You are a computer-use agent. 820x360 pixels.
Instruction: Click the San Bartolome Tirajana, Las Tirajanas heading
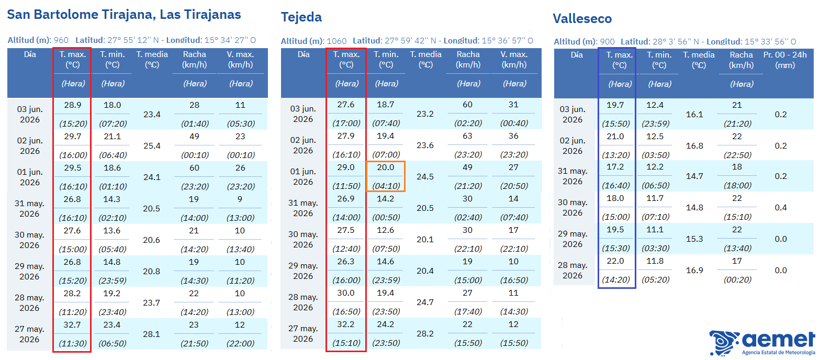tap(123, 15)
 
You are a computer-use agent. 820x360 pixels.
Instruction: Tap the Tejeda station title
tap(301, 17)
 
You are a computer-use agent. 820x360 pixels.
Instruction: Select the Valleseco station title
tap(582, 19)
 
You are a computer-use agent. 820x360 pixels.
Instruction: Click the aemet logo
tap(762, 343)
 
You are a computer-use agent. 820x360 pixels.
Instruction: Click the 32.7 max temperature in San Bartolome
tap(72, 325)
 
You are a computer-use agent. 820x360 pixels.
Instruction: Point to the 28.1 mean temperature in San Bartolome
tap(152, 334)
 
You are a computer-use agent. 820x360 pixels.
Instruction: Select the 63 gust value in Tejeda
tap(467, 136)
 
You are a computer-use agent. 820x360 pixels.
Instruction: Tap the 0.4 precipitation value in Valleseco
tap(781, 208)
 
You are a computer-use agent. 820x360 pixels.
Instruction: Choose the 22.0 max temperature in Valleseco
tap(615, 261)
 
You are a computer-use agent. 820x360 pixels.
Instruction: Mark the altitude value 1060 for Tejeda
tap(336, 41)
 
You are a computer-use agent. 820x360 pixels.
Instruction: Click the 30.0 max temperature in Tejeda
tap(345, 293)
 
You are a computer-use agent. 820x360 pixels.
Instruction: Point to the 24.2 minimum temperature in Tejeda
tap(386, 324)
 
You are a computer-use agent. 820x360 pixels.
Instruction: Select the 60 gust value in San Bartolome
tap(194, 168)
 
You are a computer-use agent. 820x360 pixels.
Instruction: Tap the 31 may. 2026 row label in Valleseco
tap(572, 176)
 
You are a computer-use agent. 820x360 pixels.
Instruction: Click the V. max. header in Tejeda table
tap(514, 60)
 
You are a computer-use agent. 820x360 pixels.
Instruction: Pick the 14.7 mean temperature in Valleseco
tap(694, 176)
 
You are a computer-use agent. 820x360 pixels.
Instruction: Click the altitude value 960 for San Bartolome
tap(61, 40)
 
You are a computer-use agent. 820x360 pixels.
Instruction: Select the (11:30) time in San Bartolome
tap(73, 344)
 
